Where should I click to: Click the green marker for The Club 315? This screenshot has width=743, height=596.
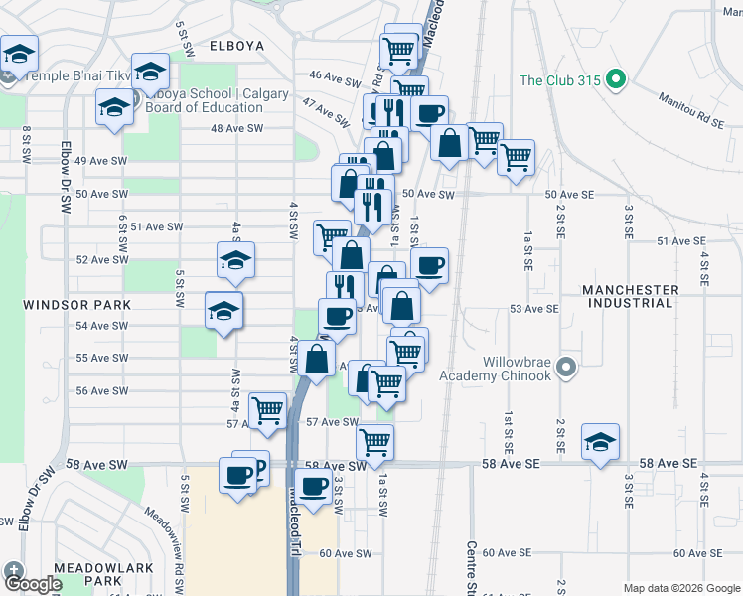(615, 80)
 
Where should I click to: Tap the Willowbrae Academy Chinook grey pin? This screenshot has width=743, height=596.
(567, 369)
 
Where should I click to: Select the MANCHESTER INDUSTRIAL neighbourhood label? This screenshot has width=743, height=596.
(631, 297)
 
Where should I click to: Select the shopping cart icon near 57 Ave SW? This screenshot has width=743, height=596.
(267, 410)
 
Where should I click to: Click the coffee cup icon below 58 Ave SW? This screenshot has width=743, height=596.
(314, 487)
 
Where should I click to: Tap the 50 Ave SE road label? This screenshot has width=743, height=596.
(569, 194)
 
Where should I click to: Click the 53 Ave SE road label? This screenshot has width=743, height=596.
(534, 309)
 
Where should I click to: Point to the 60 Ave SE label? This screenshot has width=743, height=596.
(696, 553)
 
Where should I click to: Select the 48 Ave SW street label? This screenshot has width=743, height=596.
(236, 128)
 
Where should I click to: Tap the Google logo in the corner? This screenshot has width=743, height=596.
(34, 584)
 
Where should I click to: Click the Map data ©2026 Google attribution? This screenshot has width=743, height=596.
(680, 587)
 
